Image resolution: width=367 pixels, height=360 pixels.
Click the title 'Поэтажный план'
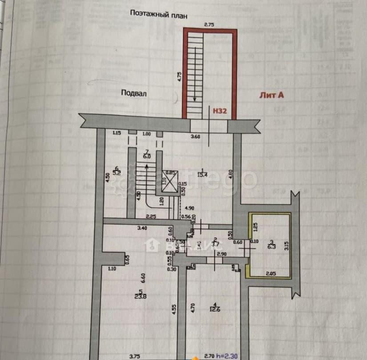[x=159, y=13]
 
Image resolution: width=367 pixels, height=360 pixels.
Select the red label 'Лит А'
[x=271, y=94]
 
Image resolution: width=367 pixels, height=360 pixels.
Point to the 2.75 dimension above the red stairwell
[x=209, y=25]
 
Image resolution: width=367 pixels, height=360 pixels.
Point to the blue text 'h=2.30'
[x=227, y=356]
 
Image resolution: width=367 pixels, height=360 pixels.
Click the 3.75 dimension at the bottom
[x=134, y=356]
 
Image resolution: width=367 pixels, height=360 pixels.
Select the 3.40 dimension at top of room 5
[x=142, y=228]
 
